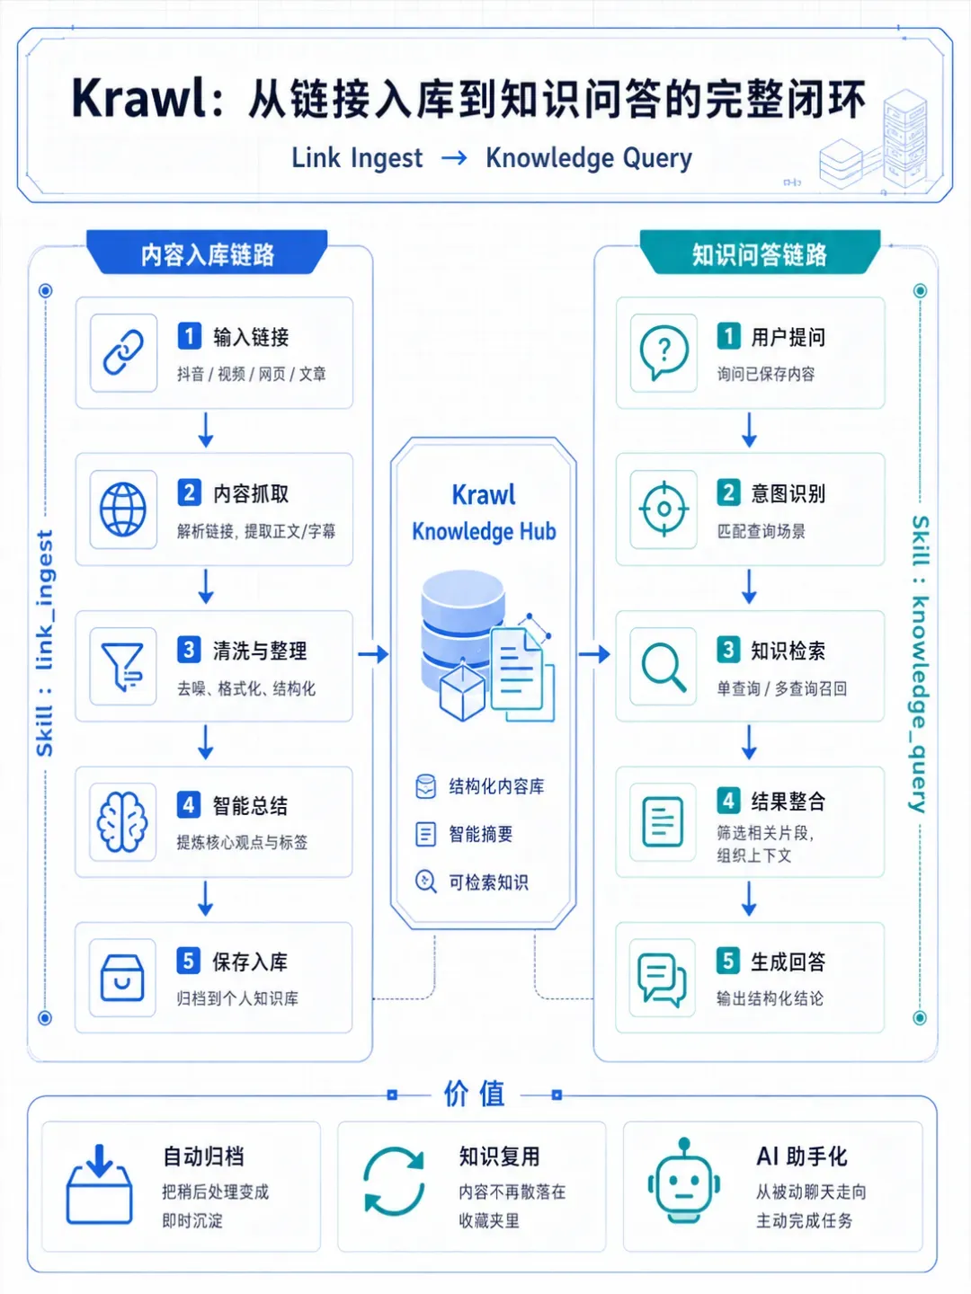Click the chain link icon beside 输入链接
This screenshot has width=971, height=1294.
coord(123,352)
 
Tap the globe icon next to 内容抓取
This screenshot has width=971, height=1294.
coord(122,510)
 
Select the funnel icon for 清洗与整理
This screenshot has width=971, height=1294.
coord(122,666)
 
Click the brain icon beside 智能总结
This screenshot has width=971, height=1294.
coord(122,822)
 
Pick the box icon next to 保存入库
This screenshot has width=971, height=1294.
coord(122,978)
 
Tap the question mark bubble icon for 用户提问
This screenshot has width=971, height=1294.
coord(664,352)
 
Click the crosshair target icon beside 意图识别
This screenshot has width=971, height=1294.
coord(664,509)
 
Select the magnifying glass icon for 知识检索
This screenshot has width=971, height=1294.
coord(664,666)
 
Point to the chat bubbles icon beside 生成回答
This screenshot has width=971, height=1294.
coord(662,979)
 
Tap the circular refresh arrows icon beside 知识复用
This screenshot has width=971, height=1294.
coord(394,1181)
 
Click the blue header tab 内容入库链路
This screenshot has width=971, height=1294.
coord(207,253)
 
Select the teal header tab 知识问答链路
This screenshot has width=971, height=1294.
coord(760,253)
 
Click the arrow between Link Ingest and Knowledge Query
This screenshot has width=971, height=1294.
coord(454,158)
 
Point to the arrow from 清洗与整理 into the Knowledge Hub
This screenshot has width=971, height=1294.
coord(373,654)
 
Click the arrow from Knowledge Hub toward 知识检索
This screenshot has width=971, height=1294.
coord(594,654)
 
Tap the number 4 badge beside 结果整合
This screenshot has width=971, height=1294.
coord(728,801)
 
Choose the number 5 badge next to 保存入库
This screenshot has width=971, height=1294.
coord(189,961)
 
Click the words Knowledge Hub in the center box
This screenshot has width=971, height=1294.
coord(484,532)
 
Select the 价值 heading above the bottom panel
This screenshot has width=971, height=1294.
coord(474,1095)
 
